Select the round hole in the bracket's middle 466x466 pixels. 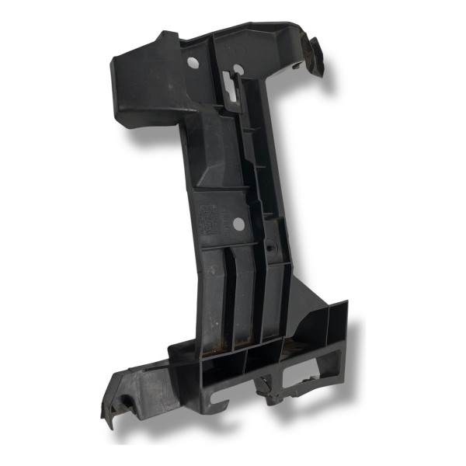click(x=238, y=224)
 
